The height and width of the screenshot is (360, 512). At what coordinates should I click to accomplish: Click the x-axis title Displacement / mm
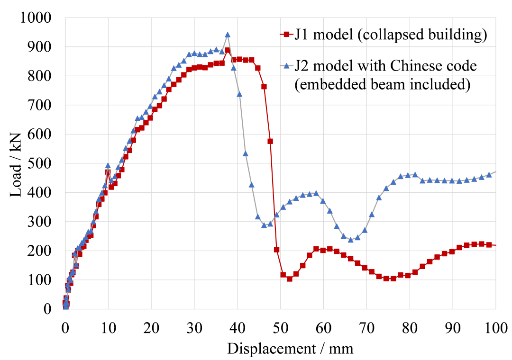(290, 349)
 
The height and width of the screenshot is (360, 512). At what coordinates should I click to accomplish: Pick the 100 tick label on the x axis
(495, 326)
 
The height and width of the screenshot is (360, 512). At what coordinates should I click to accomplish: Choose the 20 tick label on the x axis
(151, 326)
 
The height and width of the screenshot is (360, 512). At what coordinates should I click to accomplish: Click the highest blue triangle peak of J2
(228, 35)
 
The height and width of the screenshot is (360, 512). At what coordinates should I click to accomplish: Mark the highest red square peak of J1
(228, 50)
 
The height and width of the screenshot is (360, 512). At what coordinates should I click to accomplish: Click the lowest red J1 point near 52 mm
(289, 279)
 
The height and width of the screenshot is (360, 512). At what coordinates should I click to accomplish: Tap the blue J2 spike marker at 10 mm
(108, 166)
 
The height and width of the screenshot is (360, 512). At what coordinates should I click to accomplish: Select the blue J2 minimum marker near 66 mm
(350, 240)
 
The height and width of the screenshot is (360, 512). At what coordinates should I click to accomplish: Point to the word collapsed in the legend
(392, 35)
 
